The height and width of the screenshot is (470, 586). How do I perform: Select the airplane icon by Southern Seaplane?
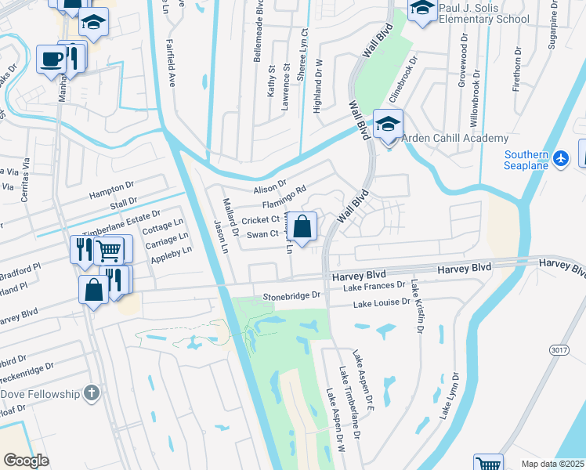coord(559,159)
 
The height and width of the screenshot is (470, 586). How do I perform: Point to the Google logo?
coord(26,461)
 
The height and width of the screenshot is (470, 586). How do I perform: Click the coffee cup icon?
coord(52,60)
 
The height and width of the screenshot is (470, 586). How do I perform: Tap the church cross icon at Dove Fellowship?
coord(92,392)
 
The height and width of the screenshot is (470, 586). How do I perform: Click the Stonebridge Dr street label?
coord(292,296)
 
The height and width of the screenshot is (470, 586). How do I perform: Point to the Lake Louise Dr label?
coord(382,302)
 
